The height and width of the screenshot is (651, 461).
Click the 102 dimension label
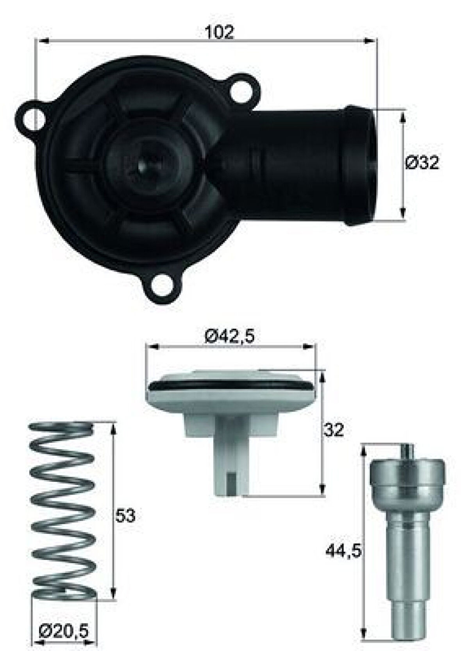click(x=220, y=32)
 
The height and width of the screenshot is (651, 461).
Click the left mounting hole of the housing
click(x=32, y=119)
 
